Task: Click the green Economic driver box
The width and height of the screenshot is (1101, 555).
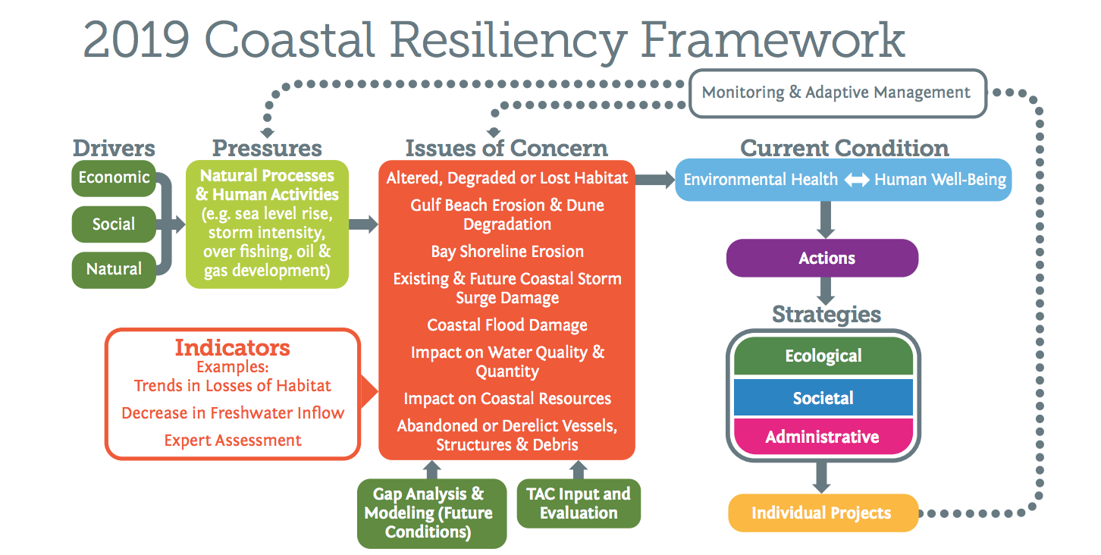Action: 114,178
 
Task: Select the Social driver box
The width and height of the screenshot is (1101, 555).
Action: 114,224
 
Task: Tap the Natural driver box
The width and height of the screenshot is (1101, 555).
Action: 114,269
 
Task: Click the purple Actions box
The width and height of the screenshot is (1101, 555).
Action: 822,259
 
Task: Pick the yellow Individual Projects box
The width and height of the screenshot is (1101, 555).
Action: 822,513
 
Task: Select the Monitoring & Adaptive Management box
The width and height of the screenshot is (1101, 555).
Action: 836,93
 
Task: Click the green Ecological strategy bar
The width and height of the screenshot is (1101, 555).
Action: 823,356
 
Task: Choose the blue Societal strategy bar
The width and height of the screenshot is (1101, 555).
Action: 823,398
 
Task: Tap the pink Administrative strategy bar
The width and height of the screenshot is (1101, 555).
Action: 823,437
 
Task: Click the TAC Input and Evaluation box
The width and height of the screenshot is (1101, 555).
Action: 579,503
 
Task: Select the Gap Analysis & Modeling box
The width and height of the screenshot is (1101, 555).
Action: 431,513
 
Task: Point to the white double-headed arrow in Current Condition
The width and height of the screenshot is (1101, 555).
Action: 856,180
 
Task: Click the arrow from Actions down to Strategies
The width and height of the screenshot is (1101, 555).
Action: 825,290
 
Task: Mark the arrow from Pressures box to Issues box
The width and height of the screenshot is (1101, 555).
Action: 363,224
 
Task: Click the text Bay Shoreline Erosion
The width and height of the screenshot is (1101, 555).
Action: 507,252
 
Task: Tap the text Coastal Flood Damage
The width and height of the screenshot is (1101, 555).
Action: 507,325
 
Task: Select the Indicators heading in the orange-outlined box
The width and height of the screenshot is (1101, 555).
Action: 232,348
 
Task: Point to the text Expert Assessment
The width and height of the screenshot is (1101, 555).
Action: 233,441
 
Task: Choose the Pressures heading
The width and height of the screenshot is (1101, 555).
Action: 267,148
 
